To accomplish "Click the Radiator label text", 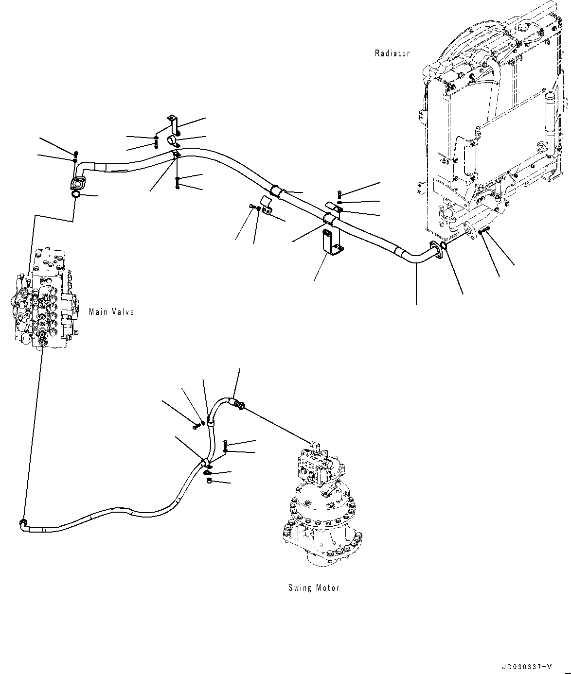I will click(x=392, y=53).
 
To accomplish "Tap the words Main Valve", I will click(x=111, y=312).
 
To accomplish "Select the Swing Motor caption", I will click(x=313, y=588).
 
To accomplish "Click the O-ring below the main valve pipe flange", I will click(x=76, y=194).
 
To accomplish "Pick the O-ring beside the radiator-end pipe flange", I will click(x=444, y=247).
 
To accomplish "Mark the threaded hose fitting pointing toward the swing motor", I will click(x=238, y=404).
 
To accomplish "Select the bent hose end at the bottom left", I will click(x=23, y=523).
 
